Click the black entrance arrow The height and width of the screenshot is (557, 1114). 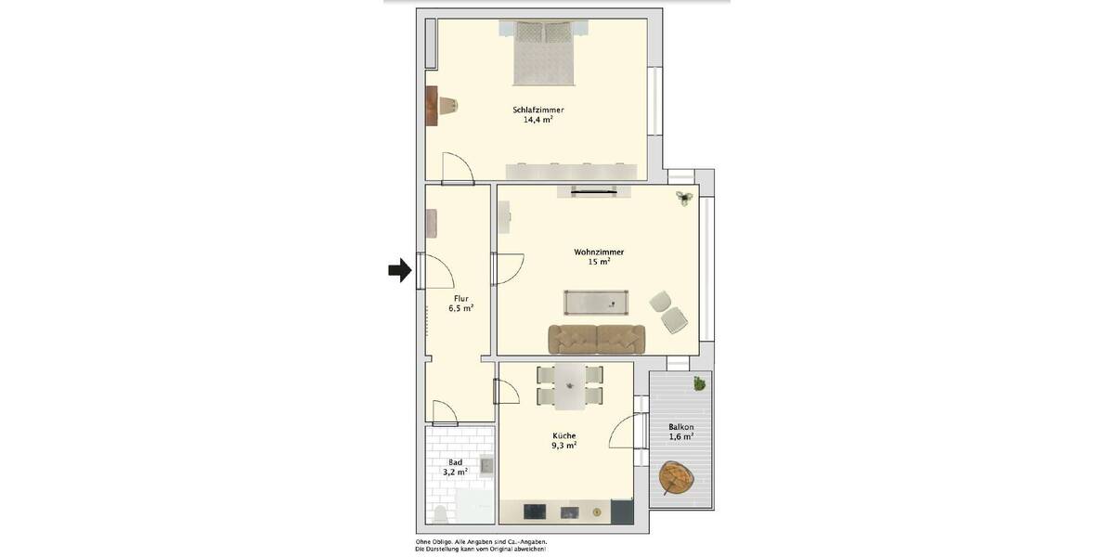click(x=399, y=270)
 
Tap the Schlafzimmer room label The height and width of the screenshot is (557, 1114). click(x=538, y=110)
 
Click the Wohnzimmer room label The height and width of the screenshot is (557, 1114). click(x=599, y=252)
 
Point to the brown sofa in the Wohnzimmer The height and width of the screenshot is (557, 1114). click(x=597, y=339)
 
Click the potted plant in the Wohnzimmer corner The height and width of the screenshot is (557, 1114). click(x=685, y=197)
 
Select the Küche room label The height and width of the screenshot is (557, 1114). click(x=563, y=435)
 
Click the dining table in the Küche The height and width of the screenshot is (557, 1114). click(x=569, y=385)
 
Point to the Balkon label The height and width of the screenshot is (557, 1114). click(x=680, y=427)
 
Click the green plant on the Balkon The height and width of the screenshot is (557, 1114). click(x=699, y=382)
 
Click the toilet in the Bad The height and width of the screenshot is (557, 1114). click(x=440, y=515)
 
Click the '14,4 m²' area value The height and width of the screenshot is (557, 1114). click(x=538, y=120)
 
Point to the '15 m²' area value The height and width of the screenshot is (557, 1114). click(x=599, y=262)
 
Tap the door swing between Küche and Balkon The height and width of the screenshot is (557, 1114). click(x=626, y=433)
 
